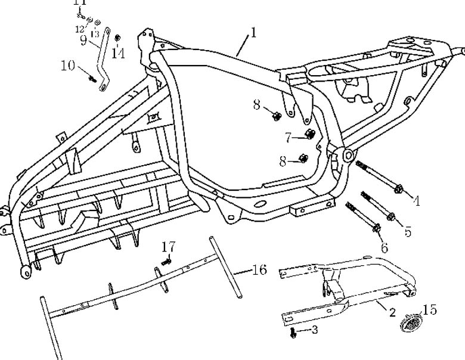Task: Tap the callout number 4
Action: [416, 201]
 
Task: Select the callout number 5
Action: [407, 231]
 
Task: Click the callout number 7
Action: [288, 138]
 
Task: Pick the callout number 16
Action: [258, 270]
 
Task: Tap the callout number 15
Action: [430, 311]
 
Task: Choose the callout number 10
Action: [67, 66]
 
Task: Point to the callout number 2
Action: [392, 312]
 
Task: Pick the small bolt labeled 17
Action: [168, 260]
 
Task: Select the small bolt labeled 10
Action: [92, 78]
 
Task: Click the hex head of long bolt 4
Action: [398, 190]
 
